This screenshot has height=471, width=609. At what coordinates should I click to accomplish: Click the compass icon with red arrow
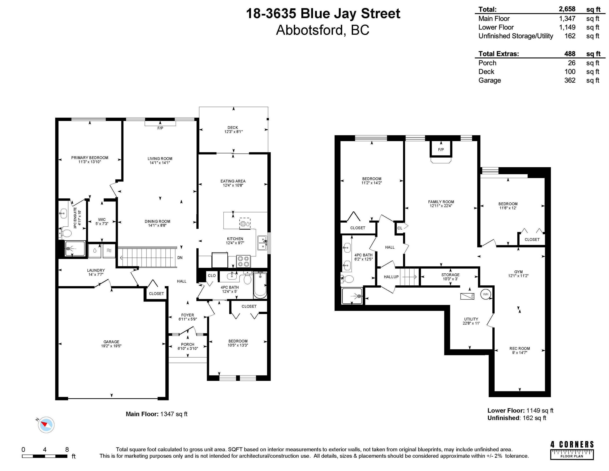(46, 425)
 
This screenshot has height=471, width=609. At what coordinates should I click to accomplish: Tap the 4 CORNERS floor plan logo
(572, 450)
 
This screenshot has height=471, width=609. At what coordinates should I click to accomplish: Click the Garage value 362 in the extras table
(570, 80)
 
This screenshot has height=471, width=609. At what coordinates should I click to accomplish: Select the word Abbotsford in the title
(309, 30)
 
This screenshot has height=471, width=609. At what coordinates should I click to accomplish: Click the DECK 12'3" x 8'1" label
(233, 129)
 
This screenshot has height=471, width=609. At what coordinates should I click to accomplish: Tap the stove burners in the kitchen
(243, 261)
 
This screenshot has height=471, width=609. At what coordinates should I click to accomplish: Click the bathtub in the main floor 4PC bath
(260, 285)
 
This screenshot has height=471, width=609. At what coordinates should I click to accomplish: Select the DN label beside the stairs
(180, 258)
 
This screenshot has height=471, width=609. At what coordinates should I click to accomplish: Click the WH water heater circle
(485, 294)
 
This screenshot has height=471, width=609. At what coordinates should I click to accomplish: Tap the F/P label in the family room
(441, 150)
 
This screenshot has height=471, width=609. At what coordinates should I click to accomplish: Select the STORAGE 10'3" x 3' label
(450, 277)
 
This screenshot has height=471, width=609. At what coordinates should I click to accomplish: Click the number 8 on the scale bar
(67, 450)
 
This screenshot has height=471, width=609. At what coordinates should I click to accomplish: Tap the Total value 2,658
(567, 9)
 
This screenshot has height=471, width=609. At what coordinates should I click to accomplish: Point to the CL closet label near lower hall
(400, 228)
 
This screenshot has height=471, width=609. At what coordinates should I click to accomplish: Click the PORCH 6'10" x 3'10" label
(188, 346)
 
